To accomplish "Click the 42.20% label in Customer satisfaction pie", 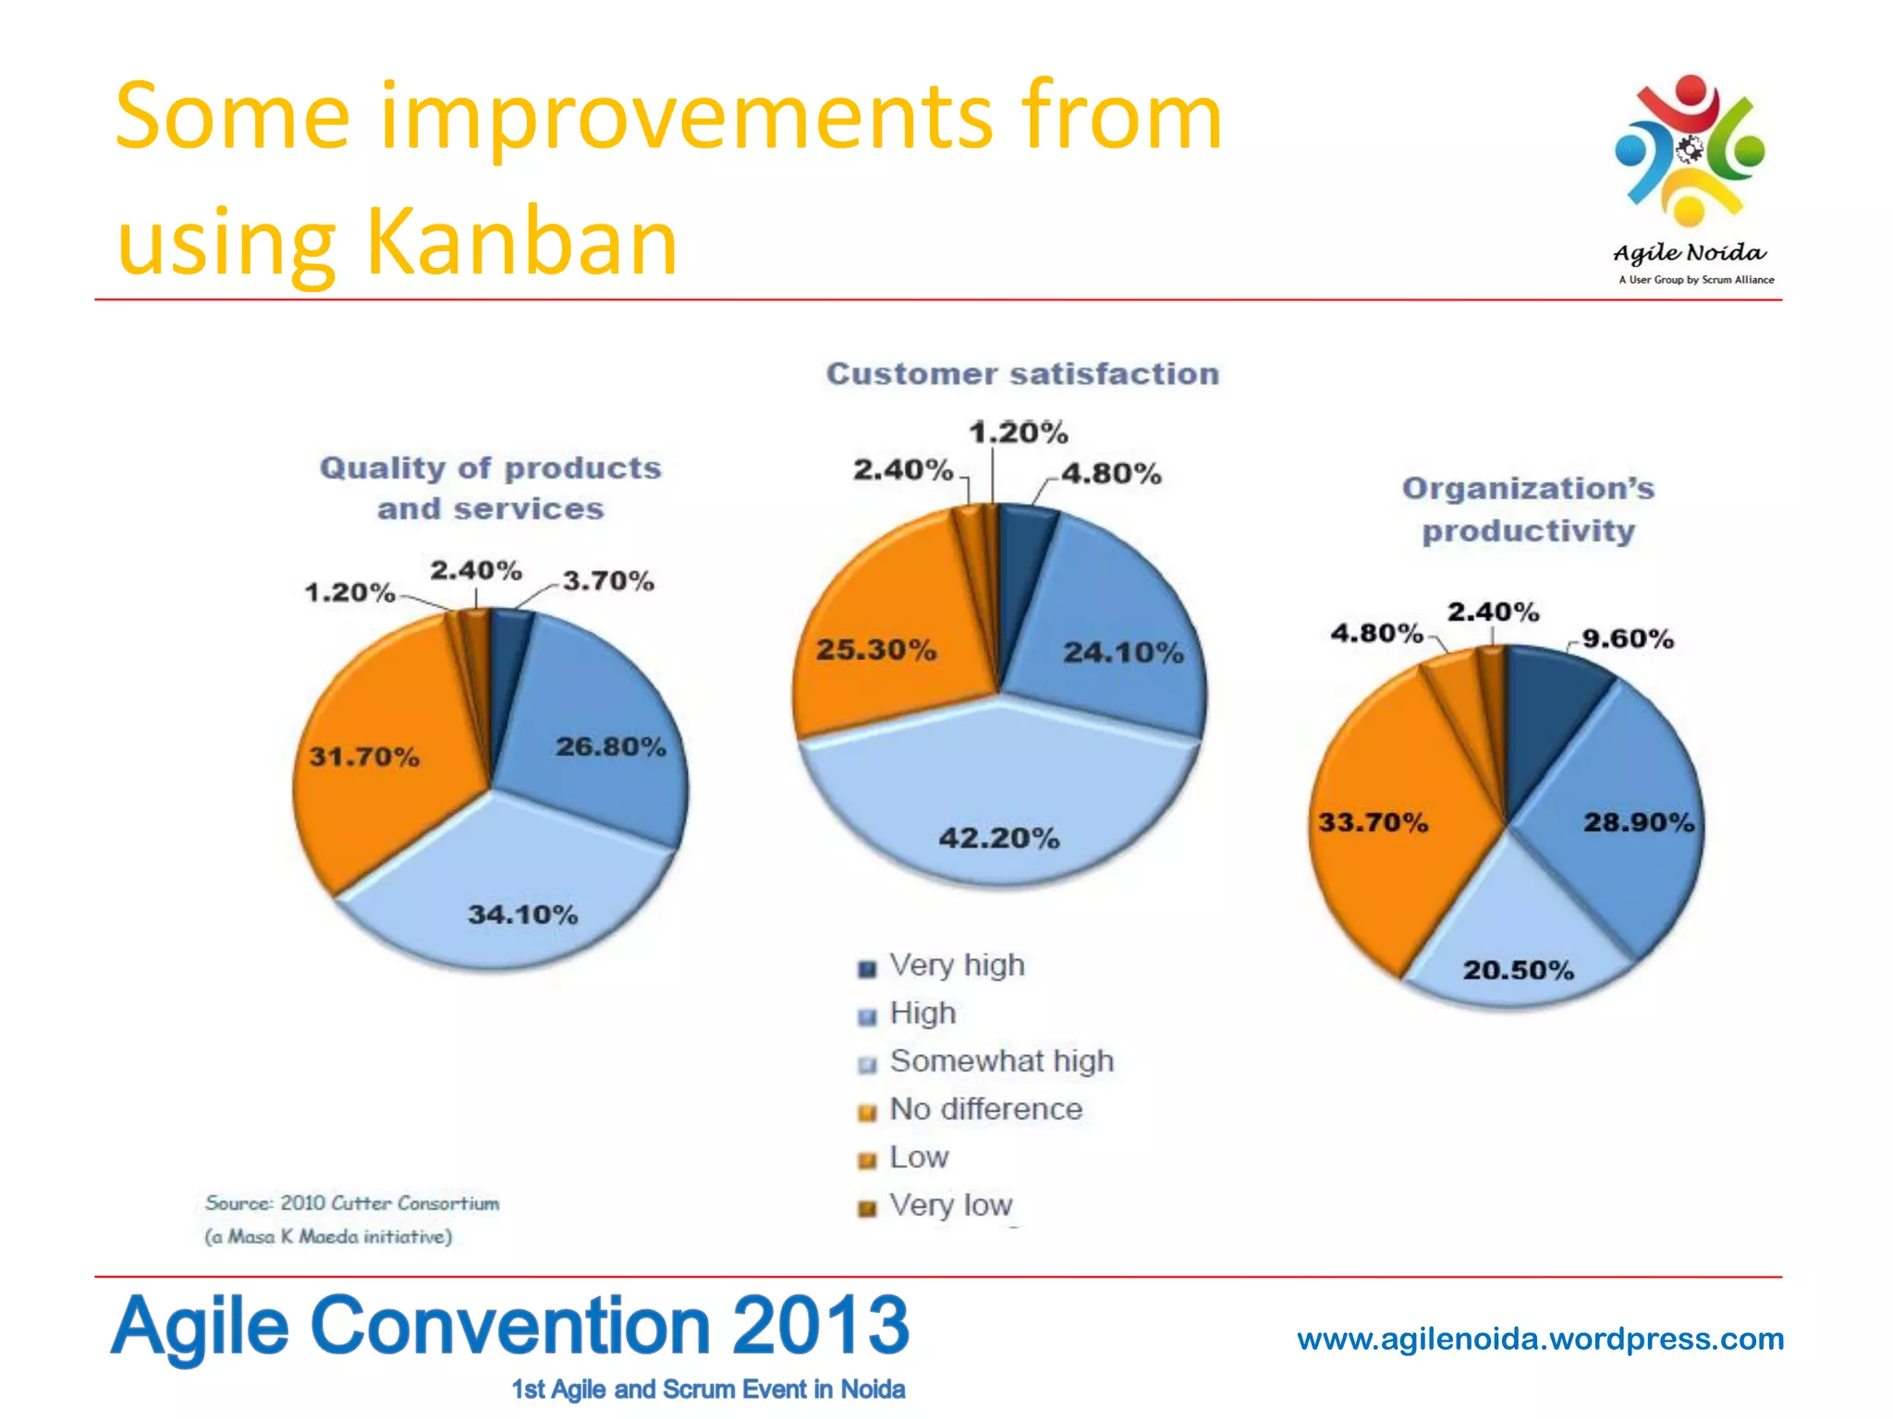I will point(998,838).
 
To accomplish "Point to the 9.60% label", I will point(1628,638).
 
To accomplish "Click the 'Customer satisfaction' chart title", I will point(1022,373).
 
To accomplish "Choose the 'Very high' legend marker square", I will point(866,968).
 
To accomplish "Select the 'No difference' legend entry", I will point(985,1109).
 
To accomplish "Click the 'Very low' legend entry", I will point(950,1205).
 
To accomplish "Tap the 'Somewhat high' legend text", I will point(1001,1061).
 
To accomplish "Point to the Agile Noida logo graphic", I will point(1690,152).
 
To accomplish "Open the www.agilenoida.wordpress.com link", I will point(1540,1339).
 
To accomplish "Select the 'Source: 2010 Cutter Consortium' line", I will point(352,1203).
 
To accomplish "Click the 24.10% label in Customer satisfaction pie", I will point(1123,652).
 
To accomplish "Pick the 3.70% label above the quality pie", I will point(608,581).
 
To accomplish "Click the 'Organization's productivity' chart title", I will point(1528,509).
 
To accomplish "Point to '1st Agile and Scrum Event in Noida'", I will point(708,1389).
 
